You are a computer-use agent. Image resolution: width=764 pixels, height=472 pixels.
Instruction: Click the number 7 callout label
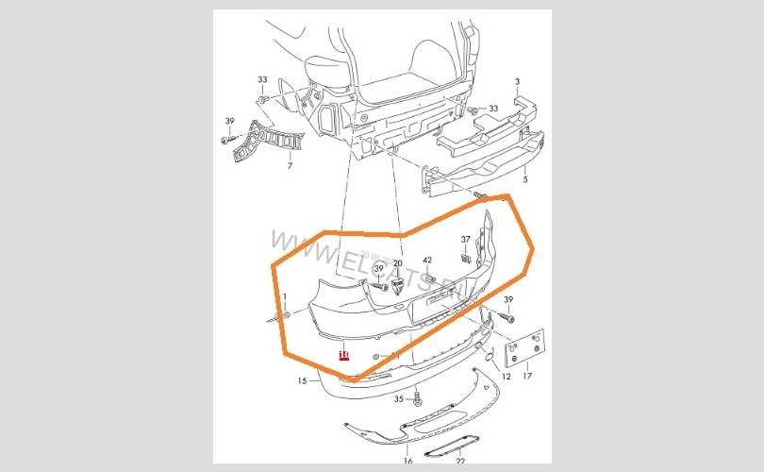[x=290, y=166]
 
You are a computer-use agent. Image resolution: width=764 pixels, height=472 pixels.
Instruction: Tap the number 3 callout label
[x=517, y=83]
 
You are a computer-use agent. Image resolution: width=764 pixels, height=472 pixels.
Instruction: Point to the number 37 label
[x=465, y=238]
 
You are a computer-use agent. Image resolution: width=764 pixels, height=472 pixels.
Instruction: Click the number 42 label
[x=427, y=261]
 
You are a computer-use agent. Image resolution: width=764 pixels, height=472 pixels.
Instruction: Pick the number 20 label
[x=397, y=264]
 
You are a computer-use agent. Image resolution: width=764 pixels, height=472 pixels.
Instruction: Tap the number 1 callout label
[x=284, y=298]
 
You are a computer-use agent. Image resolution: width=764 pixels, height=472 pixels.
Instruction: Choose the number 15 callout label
[x=302, y=381]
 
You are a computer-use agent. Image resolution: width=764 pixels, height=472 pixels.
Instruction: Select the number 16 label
[x=407, y=461]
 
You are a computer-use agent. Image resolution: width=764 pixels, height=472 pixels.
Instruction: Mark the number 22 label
[x=460, y=461]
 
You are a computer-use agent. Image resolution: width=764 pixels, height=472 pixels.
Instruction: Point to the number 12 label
[x=506, y=377]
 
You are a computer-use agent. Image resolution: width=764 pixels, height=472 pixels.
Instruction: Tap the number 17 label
[x=527, y=377]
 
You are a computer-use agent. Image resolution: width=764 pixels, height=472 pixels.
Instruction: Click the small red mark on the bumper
[x=344, y=355]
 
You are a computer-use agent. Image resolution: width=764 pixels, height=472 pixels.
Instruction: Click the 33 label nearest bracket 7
[x=262, y=80]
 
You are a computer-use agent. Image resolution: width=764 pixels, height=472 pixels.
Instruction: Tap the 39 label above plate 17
[x=507, y=299]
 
